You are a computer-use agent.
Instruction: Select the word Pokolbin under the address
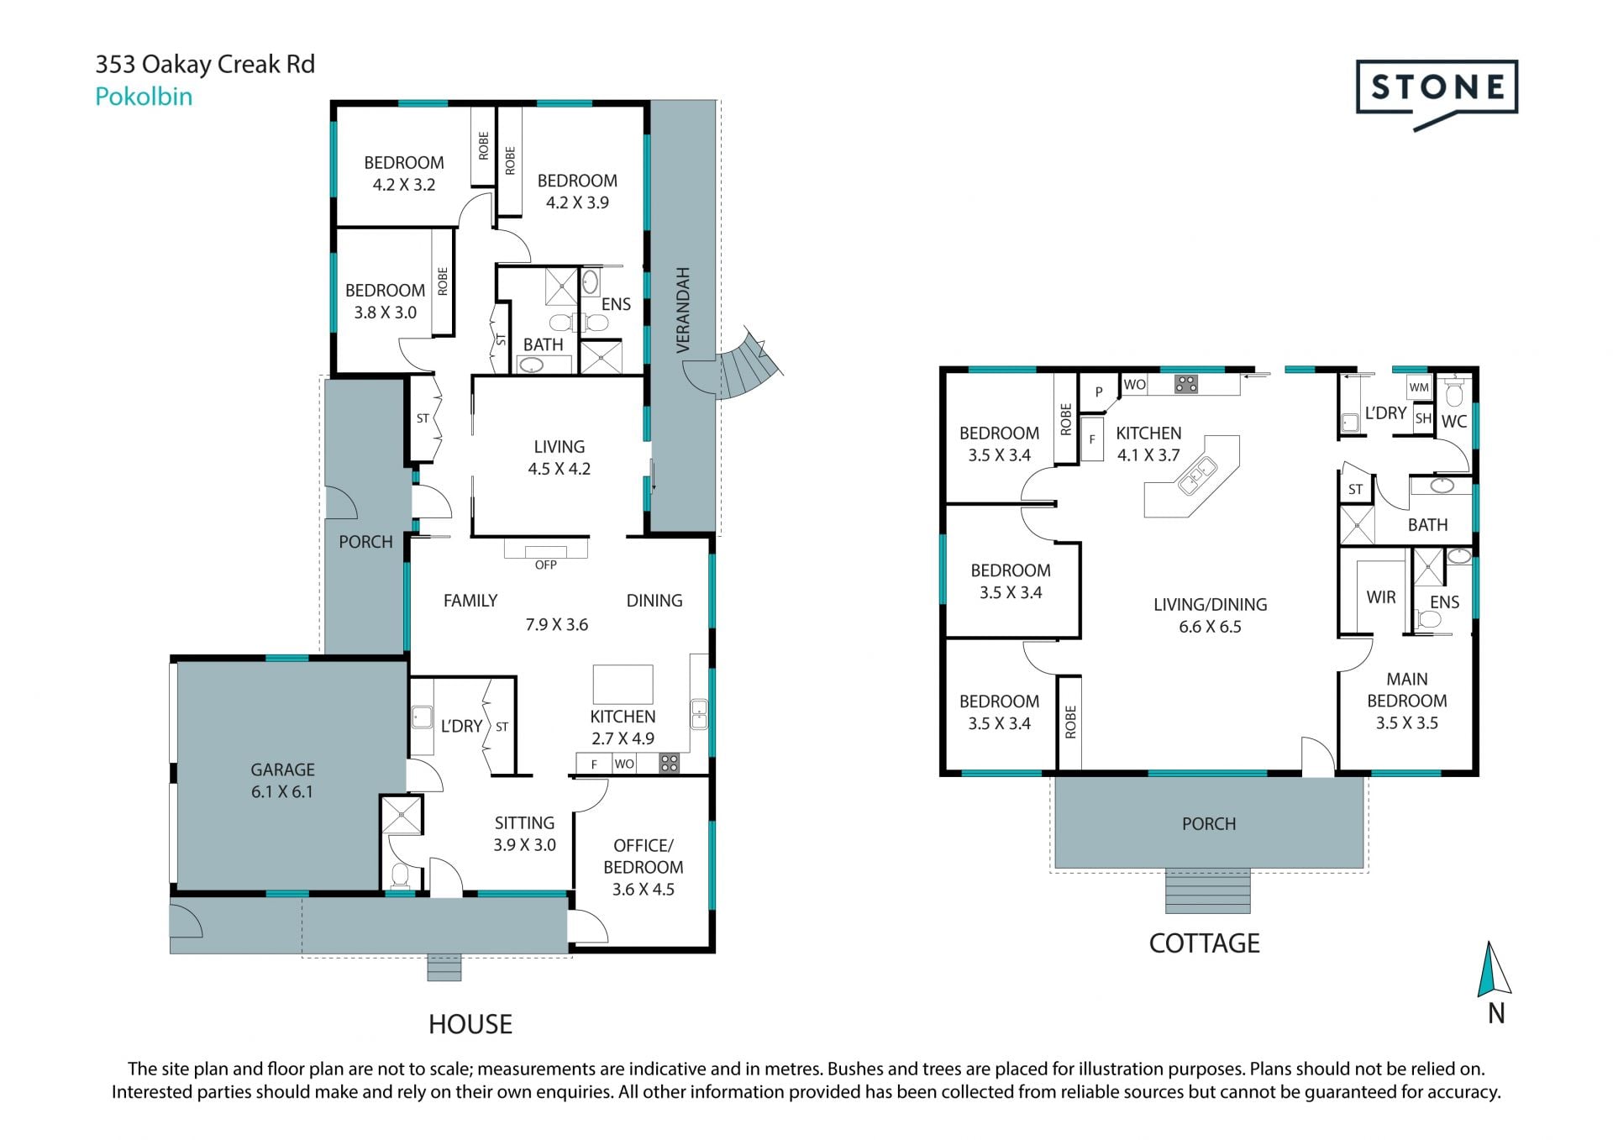144,97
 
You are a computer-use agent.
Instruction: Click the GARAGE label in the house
282,770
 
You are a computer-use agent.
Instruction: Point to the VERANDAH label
683,310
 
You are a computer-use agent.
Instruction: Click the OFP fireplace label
546,565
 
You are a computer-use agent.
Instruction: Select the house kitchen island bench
623,684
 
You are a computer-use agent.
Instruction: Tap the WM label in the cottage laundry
1419,387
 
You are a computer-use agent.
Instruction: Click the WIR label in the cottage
1381,597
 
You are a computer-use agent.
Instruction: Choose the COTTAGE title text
1204,943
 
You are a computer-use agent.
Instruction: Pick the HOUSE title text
470,1024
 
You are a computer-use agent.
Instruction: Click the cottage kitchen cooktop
1186,385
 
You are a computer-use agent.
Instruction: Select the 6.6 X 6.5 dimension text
1210,627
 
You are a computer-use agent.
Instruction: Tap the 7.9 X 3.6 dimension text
557,624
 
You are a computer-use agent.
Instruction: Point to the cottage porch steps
1208,890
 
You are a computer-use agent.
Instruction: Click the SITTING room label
524,823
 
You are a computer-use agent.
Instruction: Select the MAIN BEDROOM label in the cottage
1407,690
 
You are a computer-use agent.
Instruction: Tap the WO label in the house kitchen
624,764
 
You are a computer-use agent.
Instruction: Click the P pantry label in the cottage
1098,392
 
